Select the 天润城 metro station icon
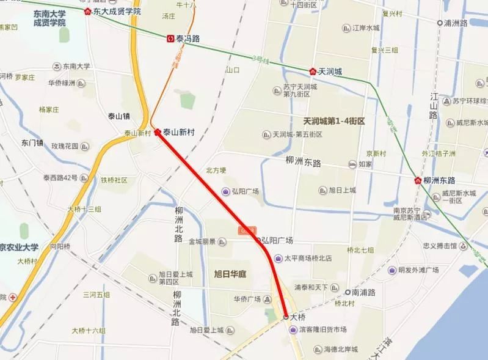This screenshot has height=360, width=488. tap(313, 72)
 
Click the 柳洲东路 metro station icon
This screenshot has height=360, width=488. tap(418, 181)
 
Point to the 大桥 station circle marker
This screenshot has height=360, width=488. tap(286, 317)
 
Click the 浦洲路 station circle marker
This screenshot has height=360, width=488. tap(440, 23)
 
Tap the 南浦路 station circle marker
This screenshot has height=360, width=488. tap(348, 292)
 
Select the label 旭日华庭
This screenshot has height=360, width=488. tap(230, 274)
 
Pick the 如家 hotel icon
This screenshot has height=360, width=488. tap(352, 164)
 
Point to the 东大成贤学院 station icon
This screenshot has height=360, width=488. tap(89, 12)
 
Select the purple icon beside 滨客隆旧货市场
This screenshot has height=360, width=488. tap(292, 329)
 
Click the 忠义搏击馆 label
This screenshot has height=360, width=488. tap(440, 246)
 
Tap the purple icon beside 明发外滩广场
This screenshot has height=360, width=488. tap(392, 270)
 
